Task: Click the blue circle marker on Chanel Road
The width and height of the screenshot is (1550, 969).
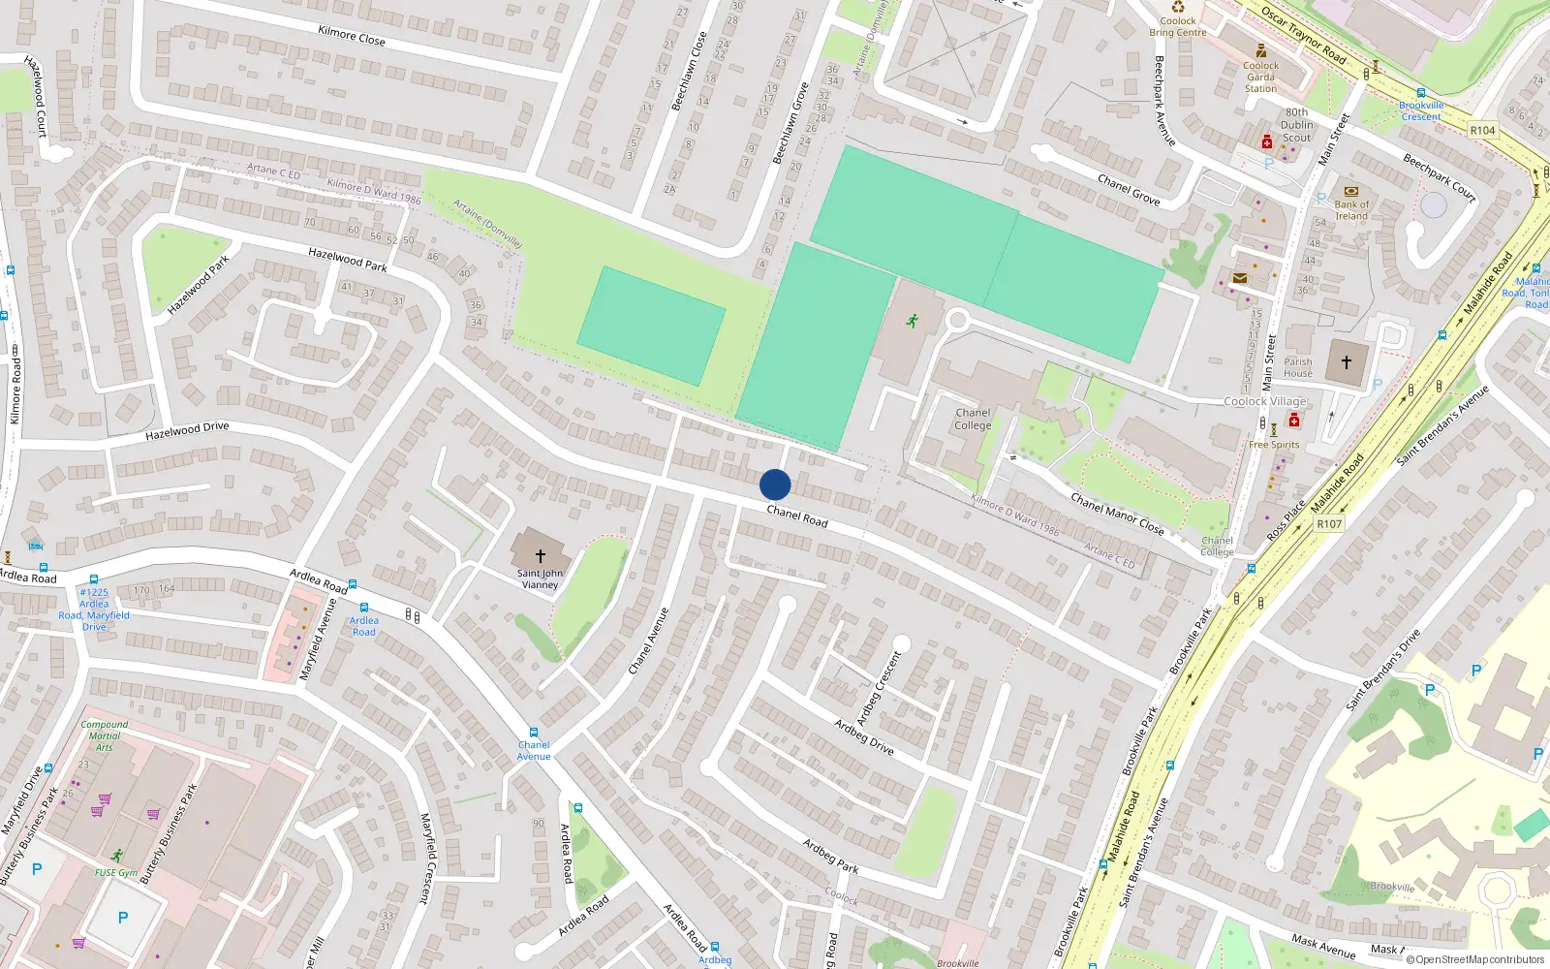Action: click(x=775, y=484)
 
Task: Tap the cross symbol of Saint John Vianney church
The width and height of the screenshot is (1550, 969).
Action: click(x=541, y=556)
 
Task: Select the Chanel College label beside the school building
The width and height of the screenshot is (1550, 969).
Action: click(x=973, y=419)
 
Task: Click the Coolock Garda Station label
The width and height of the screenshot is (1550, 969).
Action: click(x=1260, y=77)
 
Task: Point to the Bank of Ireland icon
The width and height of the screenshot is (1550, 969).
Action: click(x=1351, y=191)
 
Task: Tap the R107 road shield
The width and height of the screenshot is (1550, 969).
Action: click(x=1329, y=524)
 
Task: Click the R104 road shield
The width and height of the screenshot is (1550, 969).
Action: click(x=1482, y=130)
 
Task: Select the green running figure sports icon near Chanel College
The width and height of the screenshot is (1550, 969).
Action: click(x=912, y=321)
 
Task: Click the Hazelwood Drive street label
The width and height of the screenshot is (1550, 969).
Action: click(x=187, y=430)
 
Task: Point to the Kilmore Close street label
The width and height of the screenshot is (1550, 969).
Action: click(x=352, y=36)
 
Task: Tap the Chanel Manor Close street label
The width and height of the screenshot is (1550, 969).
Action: click(x=1117, y=514)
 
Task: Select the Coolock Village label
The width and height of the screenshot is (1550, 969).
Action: click(x=1265, y=401)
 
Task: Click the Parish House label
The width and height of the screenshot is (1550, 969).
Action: click(x=1298, y=367)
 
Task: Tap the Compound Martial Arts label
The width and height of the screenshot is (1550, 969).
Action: click(x=105, y=735)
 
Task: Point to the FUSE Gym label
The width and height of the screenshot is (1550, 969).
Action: click(x=116, y=872)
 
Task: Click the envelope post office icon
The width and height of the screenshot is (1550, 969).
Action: click(x=1239, y=278)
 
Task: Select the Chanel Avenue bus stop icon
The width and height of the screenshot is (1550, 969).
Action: click(x=533, y=733)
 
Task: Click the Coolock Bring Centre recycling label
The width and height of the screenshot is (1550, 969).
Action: click(x=1178, y=26)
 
